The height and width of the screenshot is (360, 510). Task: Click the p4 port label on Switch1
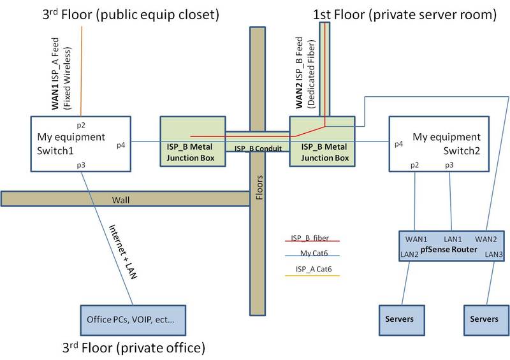[x=121, y=145]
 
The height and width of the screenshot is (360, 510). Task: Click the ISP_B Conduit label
[x=256, y=148]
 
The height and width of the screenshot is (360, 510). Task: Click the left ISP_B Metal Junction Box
[x=192, y=141]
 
